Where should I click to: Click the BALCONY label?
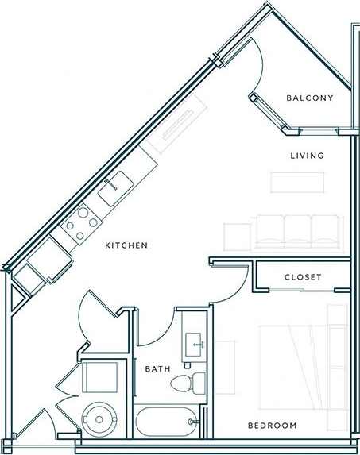point(309,98)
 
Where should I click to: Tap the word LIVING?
point(307,156)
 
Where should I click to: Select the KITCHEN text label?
point(126,246)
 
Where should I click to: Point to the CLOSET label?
point(303,277)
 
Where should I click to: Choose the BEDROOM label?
point(272,426)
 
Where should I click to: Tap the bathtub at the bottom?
point(165,420)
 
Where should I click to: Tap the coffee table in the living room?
point(299,182)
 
